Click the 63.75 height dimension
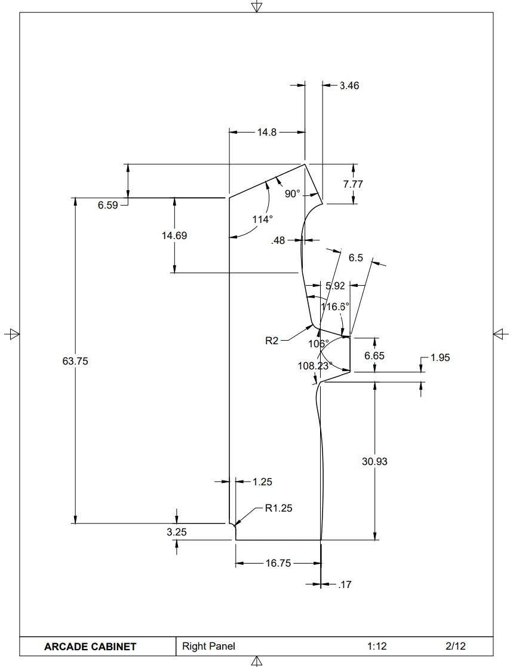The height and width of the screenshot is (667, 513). click(x=75, y=361)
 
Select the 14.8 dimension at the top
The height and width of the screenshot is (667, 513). click(x=267, y=133)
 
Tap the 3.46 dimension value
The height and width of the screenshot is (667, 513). click(x=349, y=85)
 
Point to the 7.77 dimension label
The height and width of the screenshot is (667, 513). click(x=353, y=184)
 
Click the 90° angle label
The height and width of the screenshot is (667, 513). click(x=292, y=194)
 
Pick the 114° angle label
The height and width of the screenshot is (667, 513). click(x=262, y=219)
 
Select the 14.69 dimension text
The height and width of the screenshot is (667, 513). click(x=174, y=235)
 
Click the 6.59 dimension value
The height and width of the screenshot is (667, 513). click(x=109, y=206)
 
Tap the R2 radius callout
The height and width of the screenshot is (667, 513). click(x=272, y=341)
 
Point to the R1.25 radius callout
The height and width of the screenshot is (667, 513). click(x=279, y=509)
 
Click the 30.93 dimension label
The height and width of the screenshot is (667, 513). click(x=374, y=461)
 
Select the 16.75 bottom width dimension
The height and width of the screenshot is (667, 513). click(x=278, y=563)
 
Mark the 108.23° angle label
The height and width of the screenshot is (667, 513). click(x=315, y=365)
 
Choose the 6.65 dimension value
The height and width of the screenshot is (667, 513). click(x=374, y=355)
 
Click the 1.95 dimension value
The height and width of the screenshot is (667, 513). click(x=440, y=357)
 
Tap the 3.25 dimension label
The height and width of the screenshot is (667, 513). click(x=177, y=531)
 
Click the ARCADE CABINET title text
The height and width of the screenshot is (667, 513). click(x=90, y=647)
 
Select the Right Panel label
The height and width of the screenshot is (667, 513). click(x=208, y=646)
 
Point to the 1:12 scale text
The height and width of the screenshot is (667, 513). click(x=377, y=646)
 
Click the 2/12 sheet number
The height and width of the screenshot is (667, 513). click(x=456, y=646)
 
